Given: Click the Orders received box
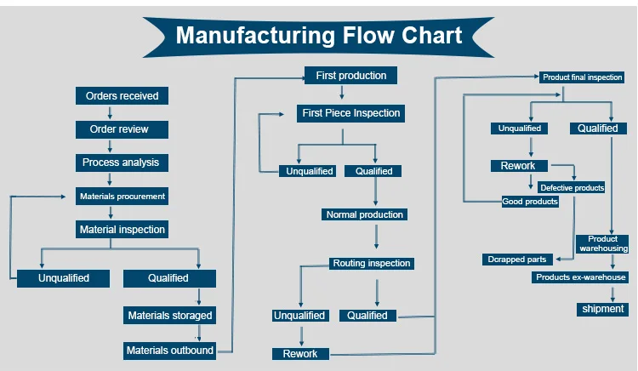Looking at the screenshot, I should click(122, 96).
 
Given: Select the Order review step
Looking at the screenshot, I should click(122, 129).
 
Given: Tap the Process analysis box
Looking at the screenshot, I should click(122, 163).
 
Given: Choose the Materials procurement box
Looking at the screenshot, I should click(122, 197).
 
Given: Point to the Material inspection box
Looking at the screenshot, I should click(122, 230).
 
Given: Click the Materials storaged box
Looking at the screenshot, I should click(169, 316).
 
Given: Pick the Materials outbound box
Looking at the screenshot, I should click(169, 351).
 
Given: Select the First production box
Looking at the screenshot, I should click(350, 76).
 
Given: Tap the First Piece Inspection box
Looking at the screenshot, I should click(350, 113).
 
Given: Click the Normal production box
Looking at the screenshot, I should click(365, 215).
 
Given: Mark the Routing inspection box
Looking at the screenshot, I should click(372, 264).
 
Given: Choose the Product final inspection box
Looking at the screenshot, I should click(583, 77).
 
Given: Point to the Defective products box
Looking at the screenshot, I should click(572, 187).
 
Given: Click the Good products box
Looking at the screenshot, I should click(530, 202).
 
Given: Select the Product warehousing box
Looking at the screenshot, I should click(603, 244).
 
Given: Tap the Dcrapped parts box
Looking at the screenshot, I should click(517, 259).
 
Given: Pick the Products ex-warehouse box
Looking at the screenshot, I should click(580, 277).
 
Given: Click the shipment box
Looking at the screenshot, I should click(603, 309).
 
